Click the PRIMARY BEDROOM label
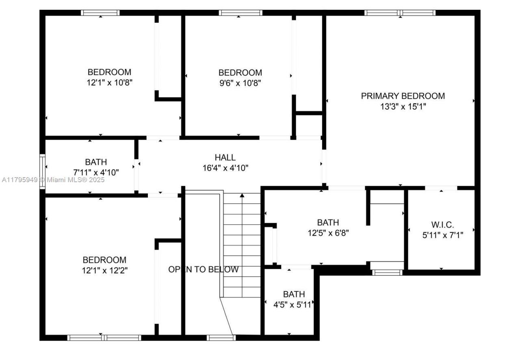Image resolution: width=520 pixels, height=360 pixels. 403,96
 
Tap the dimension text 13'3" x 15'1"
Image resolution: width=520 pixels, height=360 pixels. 403,107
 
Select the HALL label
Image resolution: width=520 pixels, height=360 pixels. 225,157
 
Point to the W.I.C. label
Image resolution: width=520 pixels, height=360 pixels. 442,224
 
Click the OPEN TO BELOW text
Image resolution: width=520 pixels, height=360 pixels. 204,269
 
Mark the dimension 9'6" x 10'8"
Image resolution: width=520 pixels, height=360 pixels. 240,83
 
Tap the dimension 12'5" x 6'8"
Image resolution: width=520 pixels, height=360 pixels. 328,233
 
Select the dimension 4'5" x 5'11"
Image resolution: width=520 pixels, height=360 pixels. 293,304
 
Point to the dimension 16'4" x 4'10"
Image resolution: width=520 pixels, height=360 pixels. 225,167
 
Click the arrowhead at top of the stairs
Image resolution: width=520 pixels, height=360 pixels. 242,195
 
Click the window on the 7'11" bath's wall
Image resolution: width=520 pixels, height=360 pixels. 42,171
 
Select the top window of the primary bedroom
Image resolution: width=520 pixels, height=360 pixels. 400,13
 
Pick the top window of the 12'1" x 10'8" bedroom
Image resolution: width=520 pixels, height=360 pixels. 100,13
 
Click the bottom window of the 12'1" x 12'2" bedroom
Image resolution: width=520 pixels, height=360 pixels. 104,338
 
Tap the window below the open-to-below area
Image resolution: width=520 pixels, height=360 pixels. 221,338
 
